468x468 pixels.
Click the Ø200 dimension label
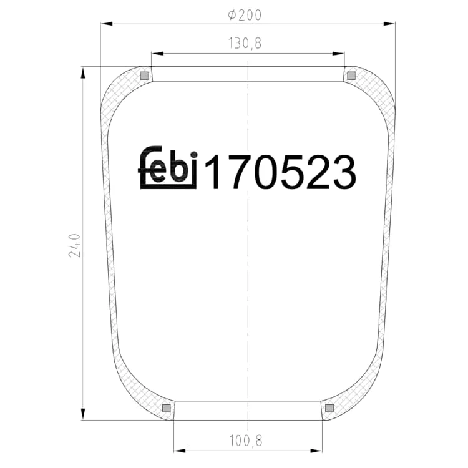point(245,15)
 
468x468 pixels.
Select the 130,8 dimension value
point(245,43)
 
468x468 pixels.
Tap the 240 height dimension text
point(74,245)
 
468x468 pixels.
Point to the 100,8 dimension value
point(245,441)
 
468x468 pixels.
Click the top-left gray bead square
point(144,76)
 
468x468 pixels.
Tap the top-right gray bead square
point(351,76)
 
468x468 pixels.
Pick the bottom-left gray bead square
point(166,408)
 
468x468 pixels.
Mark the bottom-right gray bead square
point(329,408)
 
